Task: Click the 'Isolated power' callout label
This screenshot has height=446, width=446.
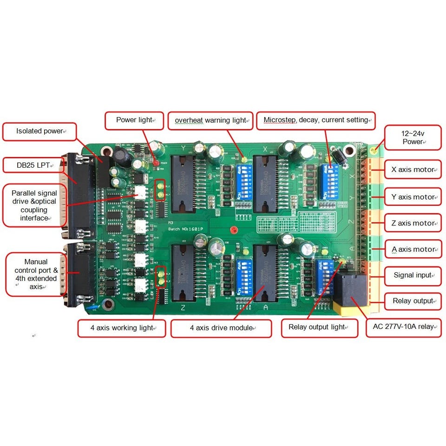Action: [x=39, y=131]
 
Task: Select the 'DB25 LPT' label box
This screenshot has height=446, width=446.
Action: [x=33, y=165]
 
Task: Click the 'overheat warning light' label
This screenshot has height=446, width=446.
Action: [x=210, y=121]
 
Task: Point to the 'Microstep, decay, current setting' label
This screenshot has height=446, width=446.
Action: [x=316, y=120]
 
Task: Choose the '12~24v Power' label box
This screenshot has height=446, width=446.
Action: [x=413, y=138]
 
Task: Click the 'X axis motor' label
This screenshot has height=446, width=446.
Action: [x=413, y=170]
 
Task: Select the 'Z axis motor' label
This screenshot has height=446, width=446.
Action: [x=413, y=223]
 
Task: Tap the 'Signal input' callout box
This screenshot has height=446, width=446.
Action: [x=413, y=275]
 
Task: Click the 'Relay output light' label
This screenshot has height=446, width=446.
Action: [x=320, y=327]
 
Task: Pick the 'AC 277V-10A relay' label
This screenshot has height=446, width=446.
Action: [x=403, y=327]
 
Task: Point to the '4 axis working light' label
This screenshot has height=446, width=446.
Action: [x=122, y=328]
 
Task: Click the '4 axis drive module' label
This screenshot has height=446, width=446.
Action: [x=221, y=328]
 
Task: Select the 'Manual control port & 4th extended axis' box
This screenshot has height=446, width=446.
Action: [x=36, y=275]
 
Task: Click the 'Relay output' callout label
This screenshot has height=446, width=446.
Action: [x=413, y=301]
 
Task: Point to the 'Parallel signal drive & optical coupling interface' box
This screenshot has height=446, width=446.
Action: [x=34, y=205]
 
